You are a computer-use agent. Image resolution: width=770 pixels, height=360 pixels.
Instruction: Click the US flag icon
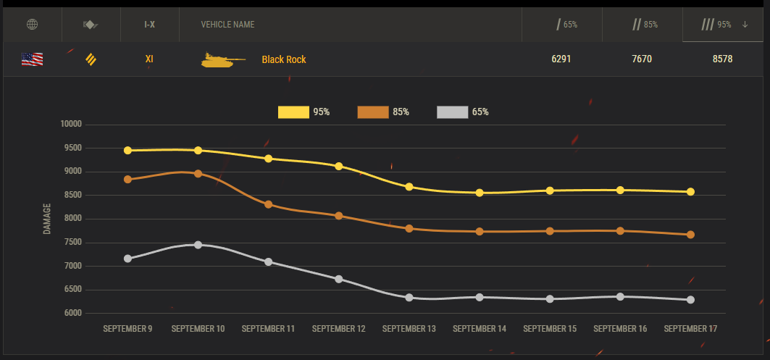[x=32, y=59]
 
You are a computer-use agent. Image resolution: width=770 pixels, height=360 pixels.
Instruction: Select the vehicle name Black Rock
[x=284, y=59]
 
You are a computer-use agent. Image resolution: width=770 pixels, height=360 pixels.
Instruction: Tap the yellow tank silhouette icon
[x=222, y=60]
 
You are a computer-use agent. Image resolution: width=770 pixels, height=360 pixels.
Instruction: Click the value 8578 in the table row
[x=722, y=59]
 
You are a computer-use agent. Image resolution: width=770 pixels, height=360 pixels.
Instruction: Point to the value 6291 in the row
[x=561, y=59]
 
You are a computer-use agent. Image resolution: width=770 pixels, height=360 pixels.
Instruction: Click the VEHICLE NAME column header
[x=227, y=25]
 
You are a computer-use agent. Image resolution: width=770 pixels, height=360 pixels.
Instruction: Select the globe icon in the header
[x=32, y=25]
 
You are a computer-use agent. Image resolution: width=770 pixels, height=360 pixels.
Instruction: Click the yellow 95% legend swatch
[x=293, y=112]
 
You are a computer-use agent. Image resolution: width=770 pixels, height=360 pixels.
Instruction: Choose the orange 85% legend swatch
[x=372, y=112]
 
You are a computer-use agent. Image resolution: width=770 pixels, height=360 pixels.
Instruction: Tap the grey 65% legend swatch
[x=452, y=112]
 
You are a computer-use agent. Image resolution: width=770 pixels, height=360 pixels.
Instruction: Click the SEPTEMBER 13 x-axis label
[x=409, y=329]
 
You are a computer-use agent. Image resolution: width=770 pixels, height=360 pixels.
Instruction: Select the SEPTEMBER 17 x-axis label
[x=690, y=329]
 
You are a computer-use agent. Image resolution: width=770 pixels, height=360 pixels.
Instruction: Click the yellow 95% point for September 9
[x=127, y=151]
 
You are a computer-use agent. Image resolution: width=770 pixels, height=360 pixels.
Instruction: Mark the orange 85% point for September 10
[x=198, y=174]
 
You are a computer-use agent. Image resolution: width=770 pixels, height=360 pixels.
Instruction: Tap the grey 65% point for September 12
[x=339, y=279]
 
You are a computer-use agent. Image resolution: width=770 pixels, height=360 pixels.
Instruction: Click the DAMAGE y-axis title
[x=47, y=219]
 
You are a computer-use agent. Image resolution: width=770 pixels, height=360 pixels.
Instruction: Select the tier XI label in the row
[x=149, y=59]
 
